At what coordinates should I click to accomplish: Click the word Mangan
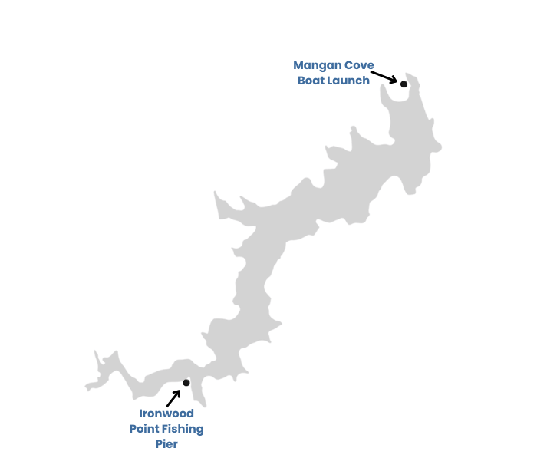(318, 65)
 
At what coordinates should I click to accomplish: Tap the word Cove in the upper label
(359, 65)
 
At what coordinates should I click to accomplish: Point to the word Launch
(349, 80)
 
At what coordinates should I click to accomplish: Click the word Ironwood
(166, 414)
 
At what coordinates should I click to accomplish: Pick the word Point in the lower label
(146, 429)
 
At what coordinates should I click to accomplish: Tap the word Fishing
(184, 429)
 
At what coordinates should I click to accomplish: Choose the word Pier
(166, 444)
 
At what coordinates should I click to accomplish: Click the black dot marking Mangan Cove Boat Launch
(404, 84)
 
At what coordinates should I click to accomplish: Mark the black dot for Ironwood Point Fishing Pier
(186, 383)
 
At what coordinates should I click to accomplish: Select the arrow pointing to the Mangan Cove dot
(384, 77)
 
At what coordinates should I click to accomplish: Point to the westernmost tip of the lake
(86, 387)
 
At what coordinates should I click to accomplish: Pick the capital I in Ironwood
(141, 414)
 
